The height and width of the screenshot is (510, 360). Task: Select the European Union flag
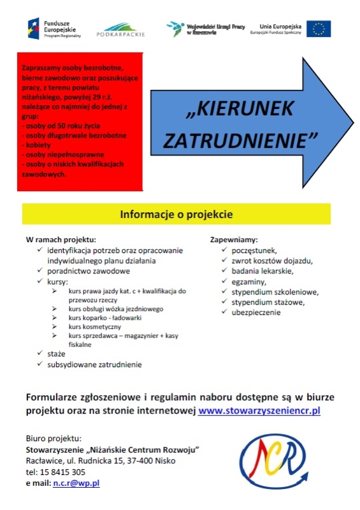(x=319, y=28)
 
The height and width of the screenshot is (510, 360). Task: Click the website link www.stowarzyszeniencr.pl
(x=259, y=411)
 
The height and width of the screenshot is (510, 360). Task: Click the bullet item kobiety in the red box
(x=36, y=145)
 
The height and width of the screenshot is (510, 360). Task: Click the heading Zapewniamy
(x=234, y=240)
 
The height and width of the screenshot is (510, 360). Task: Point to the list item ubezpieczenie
(x=256, y=312)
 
